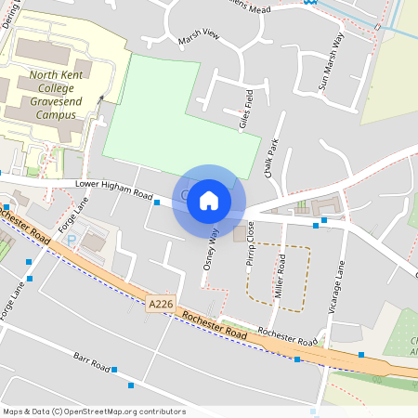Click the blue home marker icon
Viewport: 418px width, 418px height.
point(209,201)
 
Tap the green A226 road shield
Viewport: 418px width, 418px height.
point(160,304)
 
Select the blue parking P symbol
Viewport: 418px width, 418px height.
point(72,240)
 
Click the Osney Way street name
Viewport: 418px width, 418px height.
point(212,250)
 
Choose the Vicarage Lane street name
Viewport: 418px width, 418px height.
point(340,283)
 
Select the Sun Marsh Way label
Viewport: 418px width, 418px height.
point(331,61)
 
